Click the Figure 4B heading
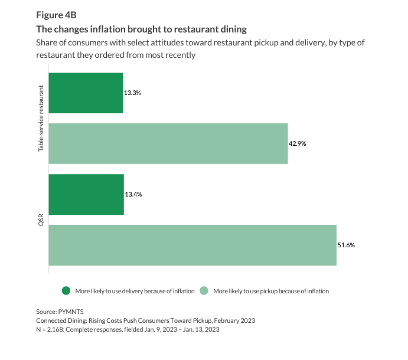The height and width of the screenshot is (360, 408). pos(56,15)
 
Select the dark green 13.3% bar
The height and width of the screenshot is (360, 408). pos(86,93)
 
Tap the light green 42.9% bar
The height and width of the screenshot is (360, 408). pos(168,143)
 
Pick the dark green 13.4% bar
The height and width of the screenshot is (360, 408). pos(86,195)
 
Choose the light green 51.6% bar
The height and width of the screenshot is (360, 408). pos(192,246)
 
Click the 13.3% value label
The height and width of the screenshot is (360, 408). pos(132,93)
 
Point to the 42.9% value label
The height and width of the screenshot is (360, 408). pos(297,143)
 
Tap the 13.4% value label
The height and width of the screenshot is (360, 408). pos(133,194)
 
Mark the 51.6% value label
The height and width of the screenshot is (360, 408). pos(346,245)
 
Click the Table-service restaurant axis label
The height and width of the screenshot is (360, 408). pos(41,119)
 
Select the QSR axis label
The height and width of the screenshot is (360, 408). pos(41,220)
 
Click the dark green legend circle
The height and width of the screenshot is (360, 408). pos(66,291)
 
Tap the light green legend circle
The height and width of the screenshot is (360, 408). pos(204,291)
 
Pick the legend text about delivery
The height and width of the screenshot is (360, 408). pos(135,291)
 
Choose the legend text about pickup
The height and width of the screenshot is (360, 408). pos(271,291)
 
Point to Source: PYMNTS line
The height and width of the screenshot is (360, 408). pos(60,312)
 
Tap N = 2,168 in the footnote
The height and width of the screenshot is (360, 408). pos(50,329)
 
